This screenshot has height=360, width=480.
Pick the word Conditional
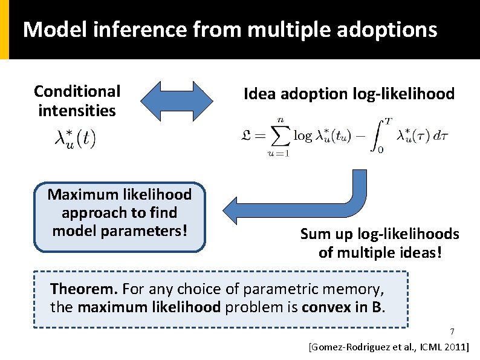pos(77,91)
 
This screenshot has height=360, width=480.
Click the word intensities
pos(77,111)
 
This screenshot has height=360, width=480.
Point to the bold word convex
pos(331,307)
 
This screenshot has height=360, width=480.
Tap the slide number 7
pos(451,332)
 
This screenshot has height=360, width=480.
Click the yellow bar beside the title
pos(4,30)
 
